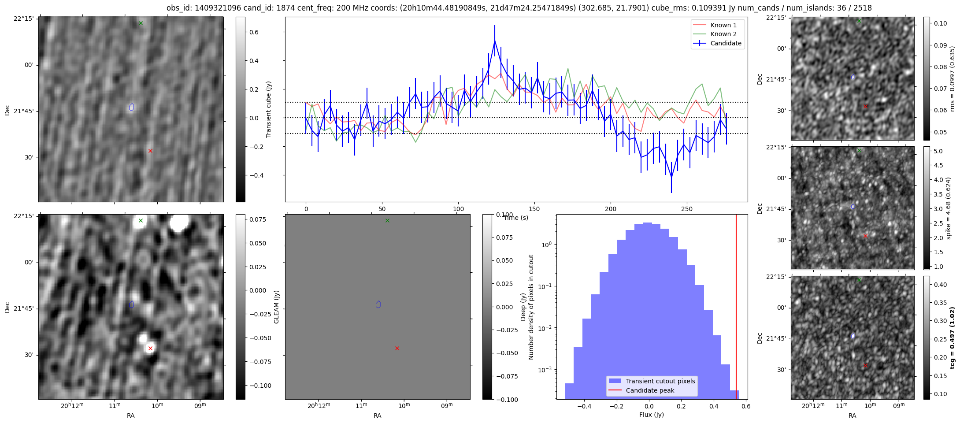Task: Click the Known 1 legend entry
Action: [723, 25]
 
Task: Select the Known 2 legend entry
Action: [723, 34]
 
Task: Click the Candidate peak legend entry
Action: [650, 390]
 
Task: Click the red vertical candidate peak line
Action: [736, 308]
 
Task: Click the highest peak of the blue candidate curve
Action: [495, 41]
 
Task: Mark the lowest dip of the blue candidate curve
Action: [671, 177]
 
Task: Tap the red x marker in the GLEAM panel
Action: [397, 348]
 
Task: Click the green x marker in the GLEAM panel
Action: [387, 220]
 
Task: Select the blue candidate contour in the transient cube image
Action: [131, 107]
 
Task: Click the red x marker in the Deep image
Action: [150, 348]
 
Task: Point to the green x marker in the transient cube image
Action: [141, 23]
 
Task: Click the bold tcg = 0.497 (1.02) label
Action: [952, 338]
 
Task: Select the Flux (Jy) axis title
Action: [651, 415]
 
